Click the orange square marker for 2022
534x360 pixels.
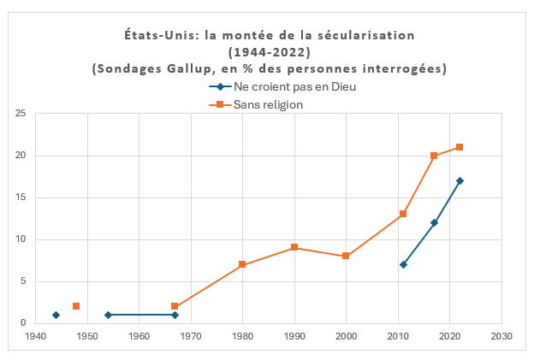coord(460,147)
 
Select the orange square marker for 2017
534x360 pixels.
coord(434,156)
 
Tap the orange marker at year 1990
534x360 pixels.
coord(294,247)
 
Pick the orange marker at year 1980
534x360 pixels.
coord(242,264)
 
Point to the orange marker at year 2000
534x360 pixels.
coord(346,256)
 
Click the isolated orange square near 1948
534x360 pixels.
coord(76,306)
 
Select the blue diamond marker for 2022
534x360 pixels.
coord(460,180)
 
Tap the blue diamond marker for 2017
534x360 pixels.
coord(434,222)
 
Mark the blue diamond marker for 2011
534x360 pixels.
coord(403,264)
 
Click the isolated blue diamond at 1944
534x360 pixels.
coord(56,315)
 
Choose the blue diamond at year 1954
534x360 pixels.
coord(108,315)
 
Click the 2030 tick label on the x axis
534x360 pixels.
coord(501,336)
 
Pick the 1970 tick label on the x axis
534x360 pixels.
coord(191,336)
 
